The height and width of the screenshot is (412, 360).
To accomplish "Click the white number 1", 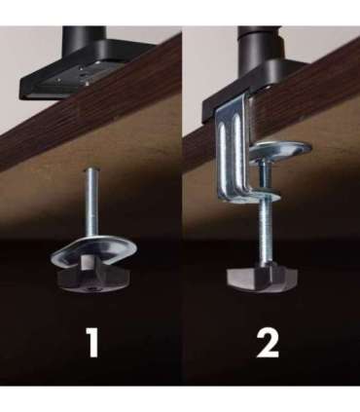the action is (x=92, y=342).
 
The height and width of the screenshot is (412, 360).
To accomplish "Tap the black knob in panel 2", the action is (x=262, y=280).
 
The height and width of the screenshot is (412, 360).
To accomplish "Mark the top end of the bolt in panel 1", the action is (x=91, y=169).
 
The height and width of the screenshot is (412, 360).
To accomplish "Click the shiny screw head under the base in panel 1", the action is (x=88, y=83).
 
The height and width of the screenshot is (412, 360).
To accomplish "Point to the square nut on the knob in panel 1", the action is (x=89, y=262).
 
